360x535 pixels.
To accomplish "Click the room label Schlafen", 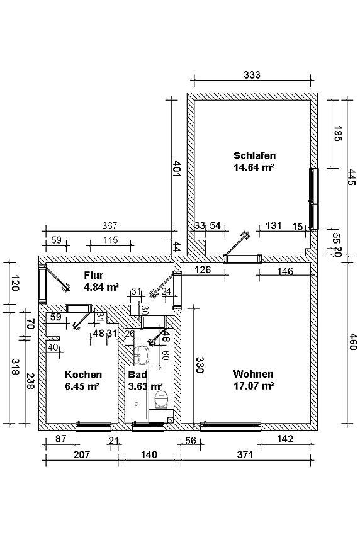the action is click(x=254, y=155).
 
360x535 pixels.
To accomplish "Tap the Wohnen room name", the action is click(x=253, y=374).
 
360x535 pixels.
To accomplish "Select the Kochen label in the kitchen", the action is click(x=83, y=374).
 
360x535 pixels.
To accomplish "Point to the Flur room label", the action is click(x=94, y=275).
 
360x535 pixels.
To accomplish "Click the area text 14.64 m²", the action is click(x=254, y=167).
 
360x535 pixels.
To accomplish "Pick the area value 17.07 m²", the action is click(x=254, y=386).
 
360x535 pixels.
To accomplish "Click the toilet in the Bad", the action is click(x=161, y=400).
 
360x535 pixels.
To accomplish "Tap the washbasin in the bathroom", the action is click(x=141, y=355).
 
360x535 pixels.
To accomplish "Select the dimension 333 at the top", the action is click(x=252, y=75).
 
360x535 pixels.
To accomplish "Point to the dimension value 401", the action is click(x=176, y=168).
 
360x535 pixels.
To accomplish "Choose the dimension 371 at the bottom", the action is click(x=245, y=454).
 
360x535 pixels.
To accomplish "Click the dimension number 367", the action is click(x=110, y=225).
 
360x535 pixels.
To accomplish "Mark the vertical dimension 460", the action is click(x=353, y=342).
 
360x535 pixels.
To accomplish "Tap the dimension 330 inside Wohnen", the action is click(x=200, y=365).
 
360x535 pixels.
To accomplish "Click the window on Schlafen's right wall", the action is click(x=313, y=198).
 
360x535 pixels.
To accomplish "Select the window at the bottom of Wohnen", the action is click(x=231, y=425).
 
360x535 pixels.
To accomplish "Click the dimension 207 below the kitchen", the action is click(x=82, y=454).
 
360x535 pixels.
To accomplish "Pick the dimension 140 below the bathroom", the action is click(x=149, y=454).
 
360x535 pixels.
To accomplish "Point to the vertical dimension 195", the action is click(x=338, y=133).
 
